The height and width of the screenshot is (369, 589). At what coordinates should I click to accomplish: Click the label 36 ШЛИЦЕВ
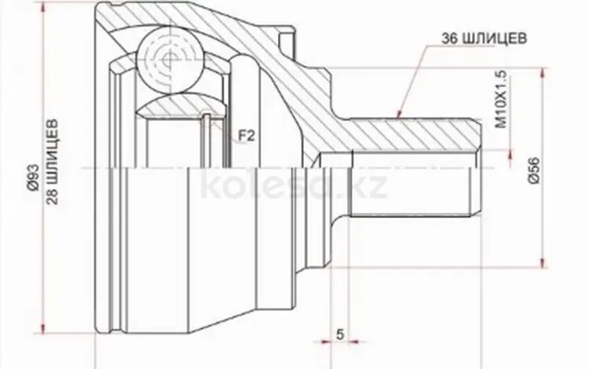coord(484,38)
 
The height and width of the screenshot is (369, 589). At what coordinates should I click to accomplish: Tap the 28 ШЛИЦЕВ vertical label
coord(53,162)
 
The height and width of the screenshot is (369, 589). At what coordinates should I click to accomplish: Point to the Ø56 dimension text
coord(534,170)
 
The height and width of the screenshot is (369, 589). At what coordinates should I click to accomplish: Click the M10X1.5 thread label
coord(502,99)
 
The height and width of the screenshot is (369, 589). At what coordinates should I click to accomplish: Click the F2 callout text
coord(247,136)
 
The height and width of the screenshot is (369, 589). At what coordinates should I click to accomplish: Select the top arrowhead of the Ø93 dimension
coord(44,8)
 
